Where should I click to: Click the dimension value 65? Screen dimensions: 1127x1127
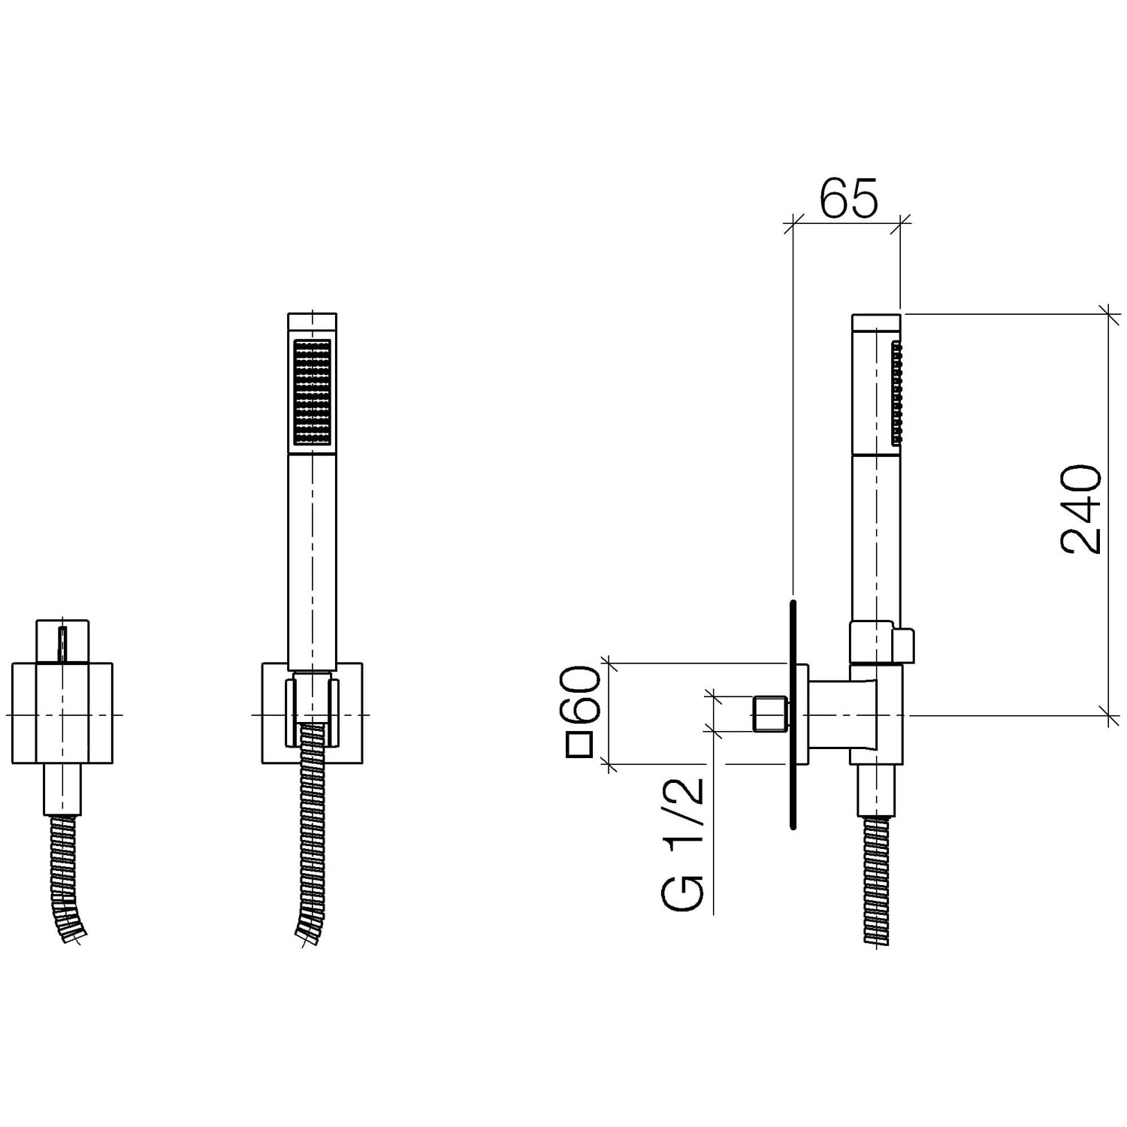848,198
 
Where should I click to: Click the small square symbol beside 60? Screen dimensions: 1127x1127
580,745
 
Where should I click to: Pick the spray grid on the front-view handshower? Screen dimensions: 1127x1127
313,393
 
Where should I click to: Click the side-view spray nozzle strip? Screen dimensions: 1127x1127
896,393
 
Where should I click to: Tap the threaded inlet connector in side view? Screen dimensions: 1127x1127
769,714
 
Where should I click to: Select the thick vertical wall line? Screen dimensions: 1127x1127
793,715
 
